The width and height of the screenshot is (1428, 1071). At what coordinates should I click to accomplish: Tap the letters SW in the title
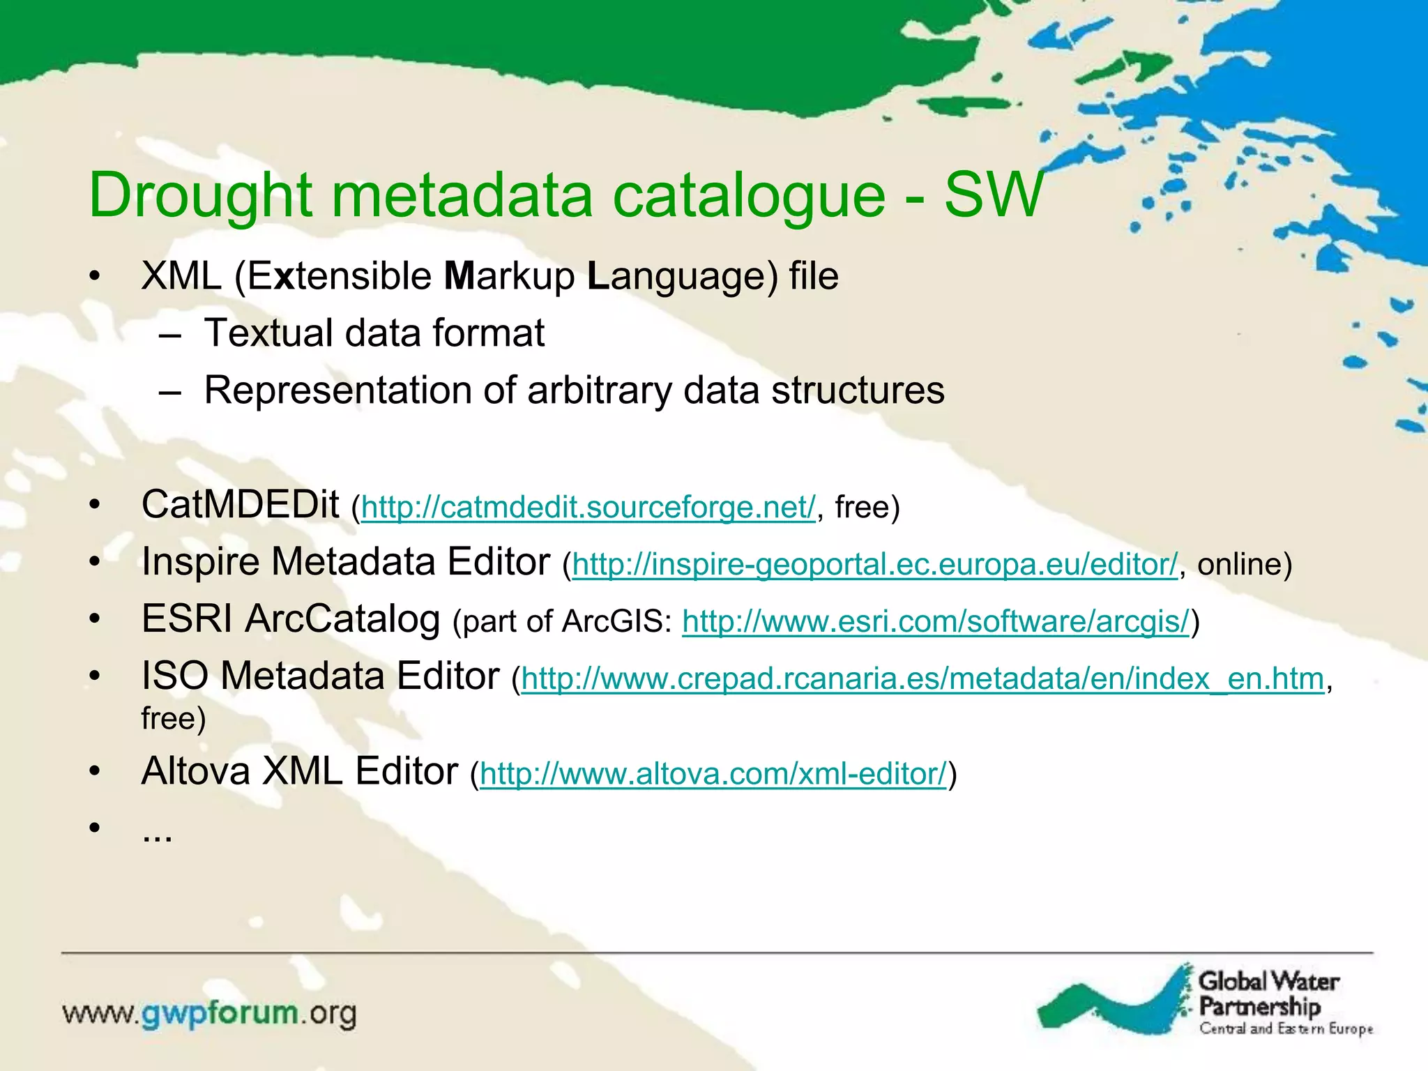[993, 195]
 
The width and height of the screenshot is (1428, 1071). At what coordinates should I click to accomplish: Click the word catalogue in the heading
[749, 197]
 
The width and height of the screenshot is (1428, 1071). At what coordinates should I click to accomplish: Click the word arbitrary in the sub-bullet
[600, 390]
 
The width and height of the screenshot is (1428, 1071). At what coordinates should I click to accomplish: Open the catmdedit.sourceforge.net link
[588, 508]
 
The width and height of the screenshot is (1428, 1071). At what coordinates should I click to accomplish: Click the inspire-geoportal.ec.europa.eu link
[874, 565]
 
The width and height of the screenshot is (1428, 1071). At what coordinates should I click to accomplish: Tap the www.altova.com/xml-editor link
[713, 774]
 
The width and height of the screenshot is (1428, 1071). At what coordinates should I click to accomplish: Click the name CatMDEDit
[240, 505]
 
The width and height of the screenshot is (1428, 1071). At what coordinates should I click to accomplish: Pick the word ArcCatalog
[342, 619]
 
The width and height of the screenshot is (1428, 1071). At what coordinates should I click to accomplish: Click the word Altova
[195, 772]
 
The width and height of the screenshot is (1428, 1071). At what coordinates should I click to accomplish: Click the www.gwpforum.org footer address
[209, 1013]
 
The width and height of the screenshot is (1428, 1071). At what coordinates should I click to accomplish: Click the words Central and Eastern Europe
[1286, 1029]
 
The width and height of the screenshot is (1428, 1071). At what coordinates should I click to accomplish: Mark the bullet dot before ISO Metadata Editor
[96, 676]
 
